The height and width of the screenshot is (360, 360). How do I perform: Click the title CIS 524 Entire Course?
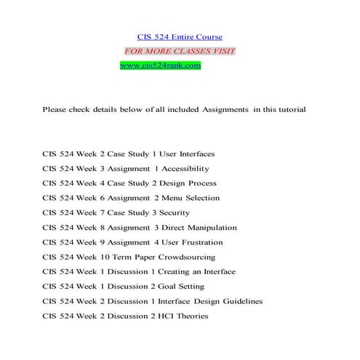[180, 37]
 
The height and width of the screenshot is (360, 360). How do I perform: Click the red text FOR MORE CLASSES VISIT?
[180, 51]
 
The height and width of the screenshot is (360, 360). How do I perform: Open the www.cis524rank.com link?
[159, 65]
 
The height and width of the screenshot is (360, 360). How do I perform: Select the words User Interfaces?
[185, 154]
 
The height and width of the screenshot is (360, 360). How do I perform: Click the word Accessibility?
[187, 169]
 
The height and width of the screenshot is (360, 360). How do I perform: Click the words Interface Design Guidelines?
[210, 301]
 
